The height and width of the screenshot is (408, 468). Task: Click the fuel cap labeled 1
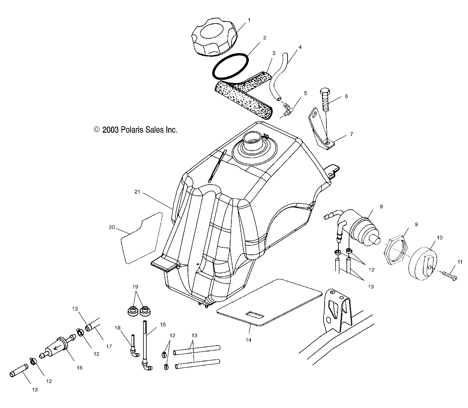click(214, 37)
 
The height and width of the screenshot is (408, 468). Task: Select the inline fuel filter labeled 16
click(59, 347)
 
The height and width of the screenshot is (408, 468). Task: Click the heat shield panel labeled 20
click(142, 238)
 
